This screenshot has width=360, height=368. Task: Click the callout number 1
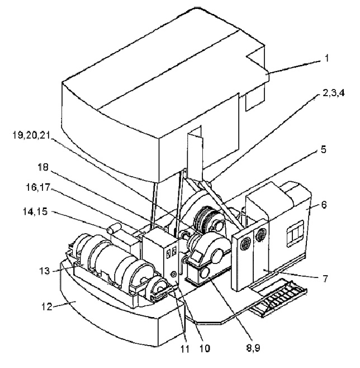(x=327, y=58)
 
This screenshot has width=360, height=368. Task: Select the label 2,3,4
(x=334, y=93)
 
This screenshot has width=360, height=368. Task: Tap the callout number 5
(x=324, y=149)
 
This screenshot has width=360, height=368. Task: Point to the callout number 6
(x=324, y=205)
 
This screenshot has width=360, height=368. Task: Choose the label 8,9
(x=253, y=348)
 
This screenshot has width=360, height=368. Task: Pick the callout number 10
(x=205, y=348)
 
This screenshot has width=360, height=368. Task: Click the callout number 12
(x=46, y=306)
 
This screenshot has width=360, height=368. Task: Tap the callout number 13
(x=45, y=271)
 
